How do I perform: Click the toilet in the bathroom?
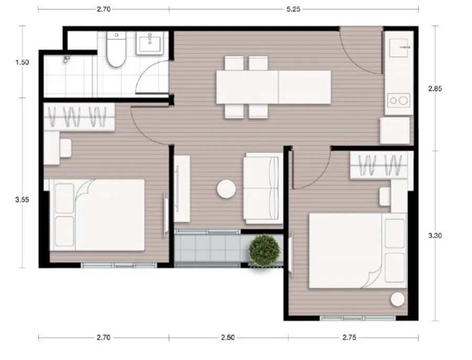116,49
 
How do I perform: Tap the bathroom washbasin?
150,43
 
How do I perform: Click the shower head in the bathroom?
66,58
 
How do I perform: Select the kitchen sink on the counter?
399,48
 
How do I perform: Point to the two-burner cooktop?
399,101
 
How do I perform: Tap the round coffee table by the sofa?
227,189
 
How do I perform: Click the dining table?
274,87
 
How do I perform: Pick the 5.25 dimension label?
293,9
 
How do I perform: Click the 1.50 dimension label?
22,62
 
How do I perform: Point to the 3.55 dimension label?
22,200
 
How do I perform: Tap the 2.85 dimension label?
435,89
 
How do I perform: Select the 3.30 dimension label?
435,235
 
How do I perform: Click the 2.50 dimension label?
228,337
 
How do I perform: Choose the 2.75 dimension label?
349,337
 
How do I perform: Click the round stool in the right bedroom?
398,299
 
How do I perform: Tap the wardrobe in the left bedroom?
79,117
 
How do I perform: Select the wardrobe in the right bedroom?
379,166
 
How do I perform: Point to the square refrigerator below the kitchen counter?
395,130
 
